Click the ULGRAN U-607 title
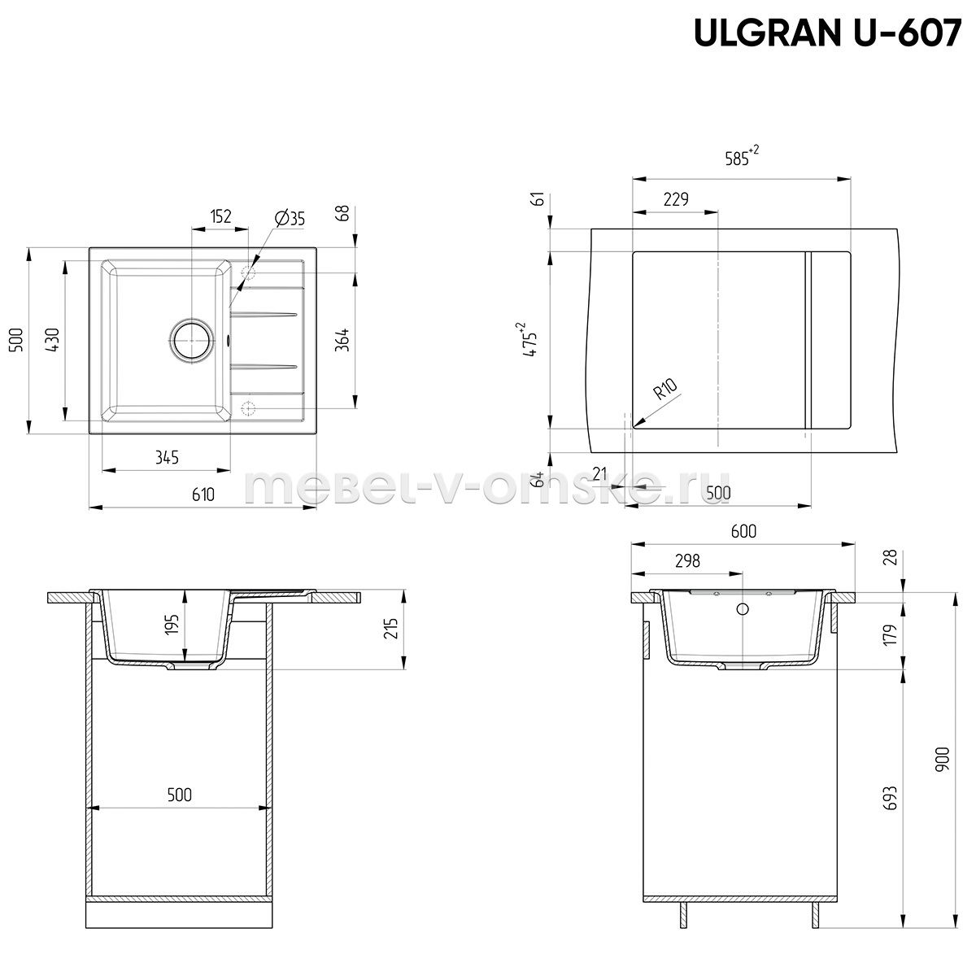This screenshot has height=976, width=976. coord(828,33)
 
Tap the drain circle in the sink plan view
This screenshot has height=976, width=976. coord(191,339)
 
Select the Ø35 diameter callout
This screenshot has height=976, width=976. coord(290,218)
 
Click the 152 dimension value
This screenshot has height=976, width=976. coord(220,216)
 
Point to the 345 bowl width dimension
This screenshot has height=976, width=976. coord(167,458)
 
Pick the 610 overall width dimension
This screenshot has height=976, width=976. coord(203,495)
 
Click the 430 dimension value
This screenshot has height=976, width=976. coord(53,340)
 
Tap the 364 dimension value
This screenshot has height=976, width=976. coord(343,340)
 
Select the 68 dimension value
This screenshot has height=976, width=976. coord(343,213)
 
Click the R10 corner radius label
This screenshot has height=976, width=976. coord(665,389)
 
